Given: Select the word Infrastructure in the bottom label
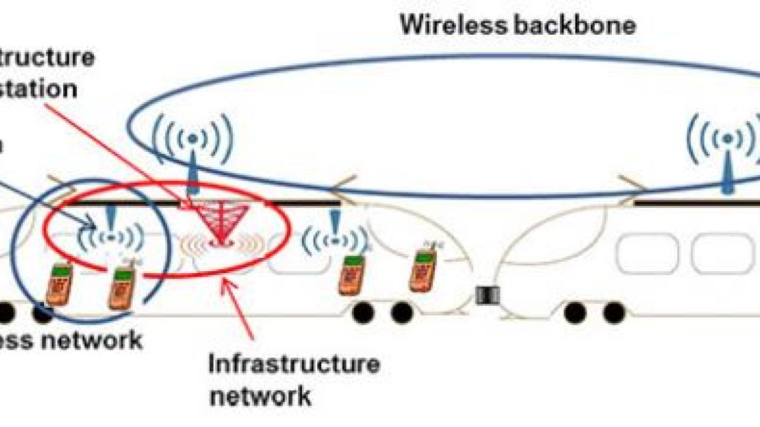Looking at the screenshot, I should click(294, 364).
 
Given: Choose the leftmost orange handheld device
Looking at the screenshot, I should click(59, 284).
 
